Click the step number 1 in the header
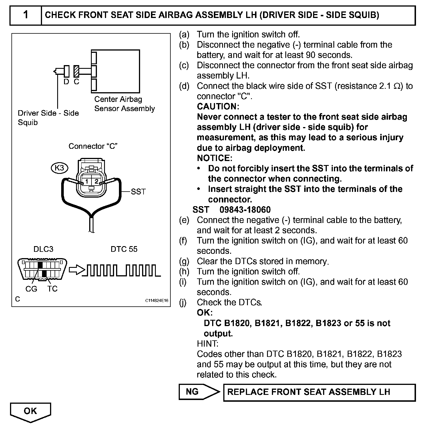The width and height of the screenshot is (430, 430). click(x=26, y=15)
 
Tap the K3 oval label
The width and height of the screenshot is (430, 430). click(x=59, y=168)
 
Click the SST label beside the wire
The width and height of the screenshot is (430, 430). click(x=138, y=192)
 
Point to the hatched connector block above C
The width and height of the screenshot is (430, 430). click(x=76, y=71)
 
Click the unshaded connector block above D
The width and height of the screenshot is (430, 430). click(x=66, y=71)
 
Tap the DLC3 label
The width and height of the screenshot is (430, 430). click(x=43, y=249)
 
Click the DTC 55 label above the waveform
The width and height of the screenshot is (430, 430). click(x=124, y=249)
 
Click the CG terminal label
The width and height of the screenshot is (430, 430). click(x=31, y=289)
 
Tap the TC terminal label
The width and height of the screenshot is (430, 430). click(x=52, y=289)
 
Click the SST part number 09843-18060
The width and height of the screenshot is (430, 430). click(x=245, y=210)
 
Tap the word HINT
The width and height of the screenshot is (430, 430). click(x=208, y=343)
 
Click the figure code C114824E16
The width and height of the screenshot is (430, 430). click(x=157, y=301)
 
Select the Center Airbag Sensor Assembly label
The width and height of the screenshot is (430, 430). click(x=124, y=104)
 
